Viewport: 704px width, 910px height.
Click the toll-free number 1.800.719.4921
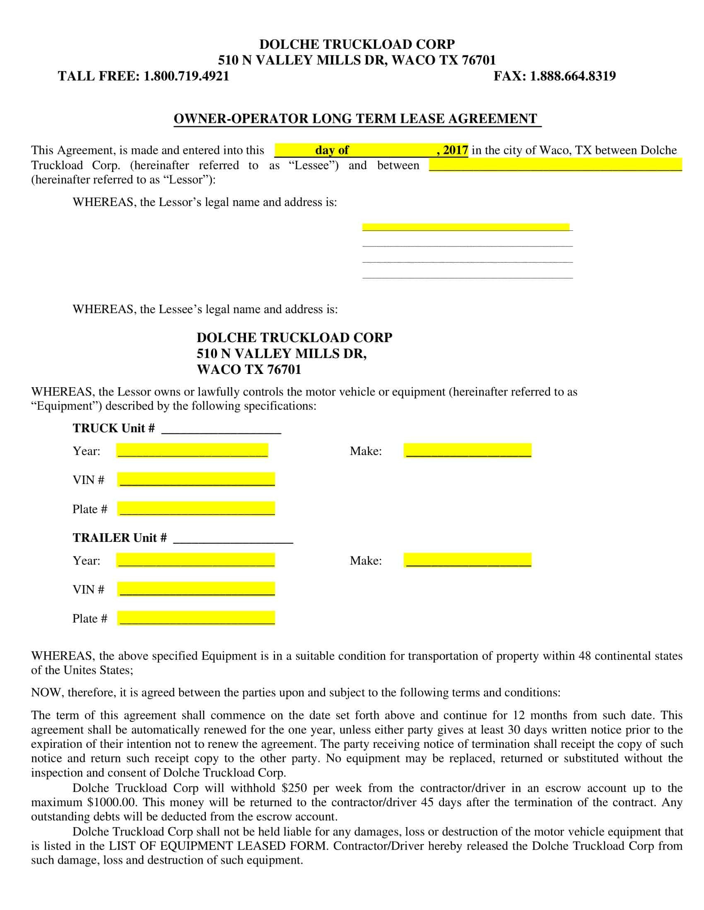(186, 76)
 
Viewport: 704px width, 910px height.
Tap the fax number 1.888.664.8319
(572, 76)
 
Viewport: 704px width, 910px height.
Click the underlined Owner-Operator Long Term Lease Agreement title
(357, 119)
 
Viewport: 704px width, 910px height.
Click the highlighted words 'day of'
(332, 150)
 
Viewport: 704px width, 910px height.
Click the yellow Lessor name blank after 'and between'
(555, 165)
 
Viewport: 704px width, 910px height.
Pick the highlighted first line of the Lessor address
(465, 227)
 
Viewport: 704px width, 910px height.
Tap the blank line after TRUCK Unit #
(221, 429)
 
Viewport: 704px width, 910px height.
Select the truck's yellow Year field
(192, 451)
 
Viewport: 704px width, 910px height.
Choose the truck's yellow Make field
(468, 451)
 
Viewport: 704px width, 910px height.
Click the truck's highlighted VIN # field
(196, 479)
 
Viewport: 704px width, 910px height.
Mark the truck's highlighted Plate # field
(196, 509)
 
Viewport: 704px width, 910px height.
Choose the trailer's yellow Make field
(468, 560)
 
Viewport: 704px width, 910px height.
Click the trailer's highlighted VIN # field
(196, 589)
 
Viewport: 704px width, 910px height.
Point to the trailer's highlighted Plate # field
(196, 618)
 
